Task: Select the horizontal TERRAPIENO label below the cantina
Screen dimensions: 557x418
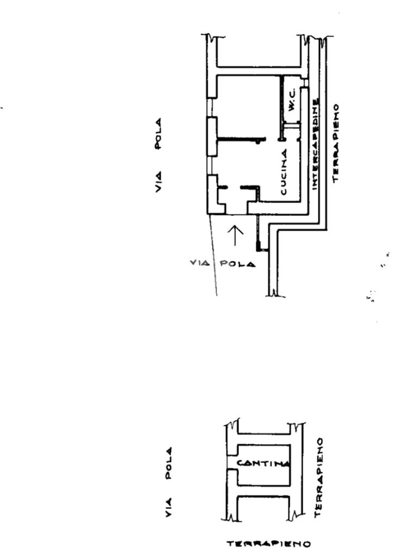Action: [269, 543]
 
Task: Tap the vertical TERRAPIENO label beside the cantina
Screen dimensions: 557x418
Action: [319, 478]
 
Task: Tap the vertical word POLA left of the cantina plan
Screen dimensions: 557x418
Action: [169, 463]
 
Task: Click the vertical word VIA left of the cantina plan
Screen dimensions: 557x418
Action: [169, 507]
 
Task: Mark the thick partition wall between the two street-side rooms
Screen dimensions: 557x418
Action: [239, 140]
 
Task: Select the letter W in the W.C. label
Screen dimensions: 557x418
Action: [292, 108]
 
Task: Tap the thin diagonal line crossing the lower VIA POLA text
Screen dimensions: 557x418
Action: [214, 264]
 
